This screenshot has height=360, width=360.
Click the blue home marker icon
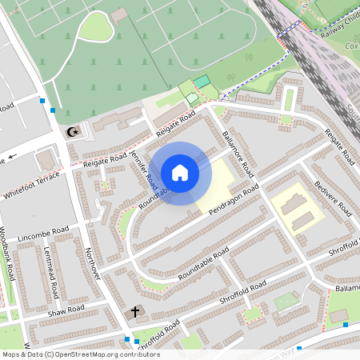[180, 173]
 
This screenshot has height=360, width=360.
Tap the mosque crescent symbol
[73, 130]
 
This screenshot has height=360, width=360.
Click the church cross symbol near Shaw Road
[135, 311]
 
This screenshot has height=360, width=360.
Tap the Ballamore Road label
[238, 154]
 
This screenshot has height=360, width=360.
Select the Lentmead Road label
[54, 271]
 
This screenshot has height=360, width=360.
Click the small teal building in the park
[202, 82]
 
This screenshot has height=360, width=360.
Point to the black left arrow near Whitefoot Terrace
[14, 157]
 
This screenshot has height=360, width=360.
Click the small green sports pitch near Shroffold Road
[286, 302]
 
